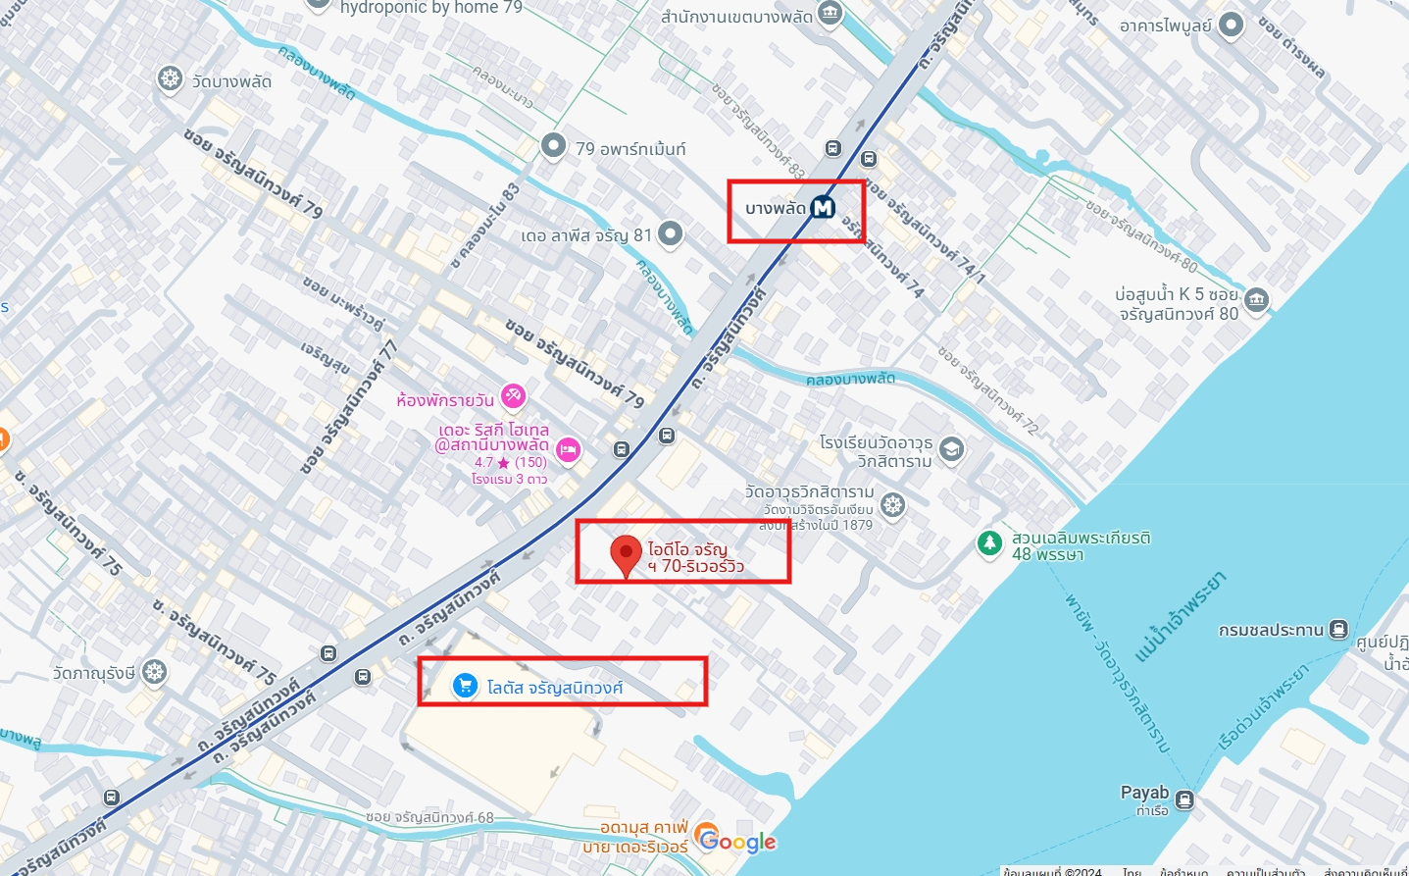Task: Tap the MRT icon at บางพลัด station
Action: (823, 208)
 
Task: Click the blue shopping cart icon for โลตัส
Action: (465, 686)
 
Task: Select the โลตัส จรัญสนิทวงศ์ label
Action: (555, 688)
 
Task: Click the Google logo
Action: (738, 841)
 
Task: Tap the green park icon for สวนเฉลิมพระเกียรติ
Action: (990, 542)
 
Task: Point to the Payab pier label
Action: (1144, 793)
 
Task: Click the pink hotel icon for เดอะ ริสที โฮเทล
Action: (568, 450)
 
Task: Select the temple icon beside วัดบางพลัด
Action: (171, 79)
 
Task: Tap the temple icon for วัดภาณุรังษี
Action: (154, 672)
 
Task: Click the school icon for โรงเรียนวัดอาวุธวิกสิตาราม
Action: (951, 449)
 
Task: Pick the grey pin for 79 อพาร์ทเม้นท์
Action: (554, 146)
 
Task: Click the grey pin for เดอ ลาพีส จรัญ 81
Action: (670, 233)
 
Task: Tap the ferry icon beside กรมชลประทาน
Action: (1338, 630)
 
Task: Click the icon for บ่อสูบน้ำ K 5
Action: (1257, 299)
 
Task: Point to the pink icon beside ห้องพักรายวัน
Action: (513, 396)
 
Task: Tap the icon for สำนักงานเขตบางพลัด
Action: (830, 13)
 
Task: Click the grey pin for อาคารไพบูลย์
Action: (1231, 25)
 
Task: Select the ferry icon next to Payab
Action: (1184, 799)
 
